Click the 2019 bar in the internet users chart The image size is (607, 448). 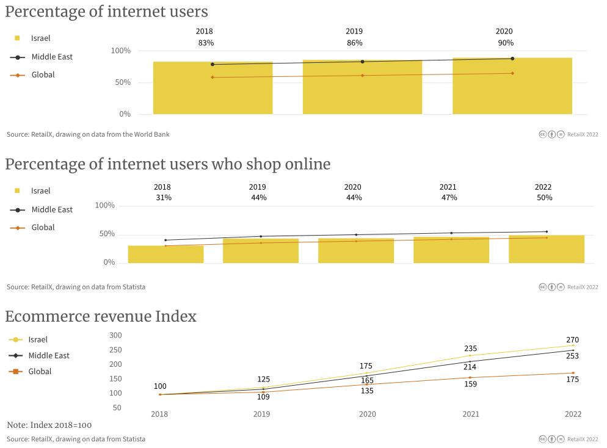[x=362, y=92]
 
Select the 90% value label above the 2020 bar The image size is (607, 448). [x=506, y=43]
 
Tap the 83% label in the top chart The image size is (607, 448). [x=206, y=43]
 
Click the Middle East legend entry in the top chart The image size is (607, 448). [x=51, y=57]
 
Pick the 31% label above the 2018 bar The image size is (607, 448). [x=164, y=197]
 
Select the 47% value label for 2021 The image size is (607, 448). [x=449, y=197]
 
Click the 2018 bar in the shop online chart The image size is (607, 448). [x=165, y=255]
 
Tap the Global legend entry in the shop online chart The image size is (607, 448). [x=43, y=227]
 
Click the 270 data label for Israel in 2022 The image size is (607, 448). [x=572, y=339]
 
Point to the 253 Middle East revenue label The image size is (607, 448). [x=572, y=356]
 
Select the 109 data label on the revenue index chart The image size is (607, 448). [x=264, y=397]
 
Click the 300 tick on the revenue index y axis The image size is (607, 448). [x=115, y=335]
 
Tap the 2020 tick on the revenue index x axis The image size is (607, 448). [x=368, y=414]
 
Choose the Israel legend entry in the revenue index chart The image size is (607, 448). [x=37, y=339]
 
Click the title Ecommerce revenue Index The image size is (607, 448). [x=101, y=316]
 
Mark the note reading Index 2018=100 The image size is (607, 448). [x=49, y=425]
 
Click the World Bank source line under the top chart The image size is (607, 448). [x=88, y=134]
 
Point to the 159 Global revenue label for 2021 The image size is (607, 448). [x=470, y=384]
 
